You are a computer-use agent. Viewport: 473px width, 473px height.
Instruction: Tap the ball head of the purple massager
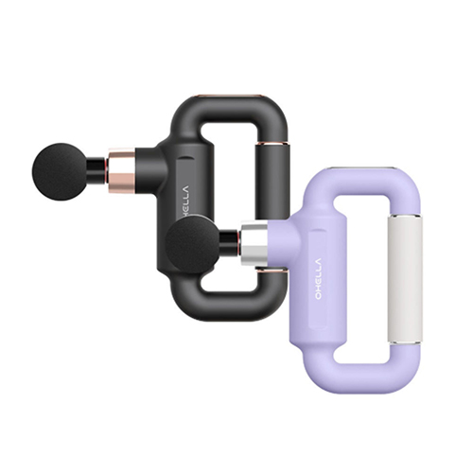coord(192,244)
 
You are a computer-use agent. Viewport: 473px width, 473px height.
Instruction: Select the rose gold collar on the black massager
coord(121,170)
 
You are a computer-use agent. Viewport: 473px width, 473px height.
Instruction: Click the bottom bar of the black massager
coord(222,305)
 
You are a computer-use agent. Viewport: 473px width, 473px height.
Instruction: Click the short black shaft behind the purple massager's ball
coord(230,244)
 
